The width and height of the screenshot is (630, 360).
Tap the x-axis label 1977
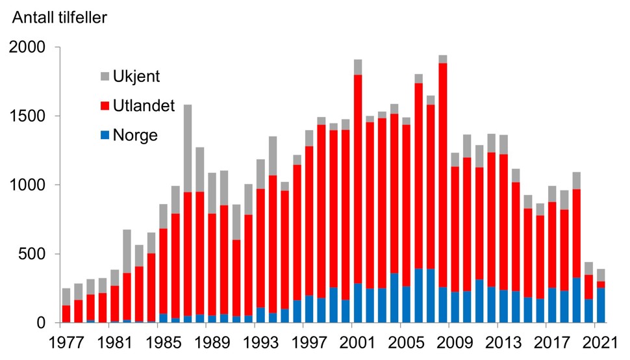pos(66,341)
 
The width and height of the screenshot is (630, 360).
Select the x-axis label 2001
pos(357,341)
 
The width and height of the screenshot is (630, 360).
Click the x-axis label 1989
pos(212,341)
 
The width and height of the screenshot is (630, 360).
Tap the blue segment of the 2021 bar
pos(600,305)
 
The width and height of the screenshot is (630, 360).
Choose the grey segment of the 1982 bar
pos(127,251)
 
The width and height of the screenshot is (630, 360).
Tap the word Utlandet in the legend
pos(144,106)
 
